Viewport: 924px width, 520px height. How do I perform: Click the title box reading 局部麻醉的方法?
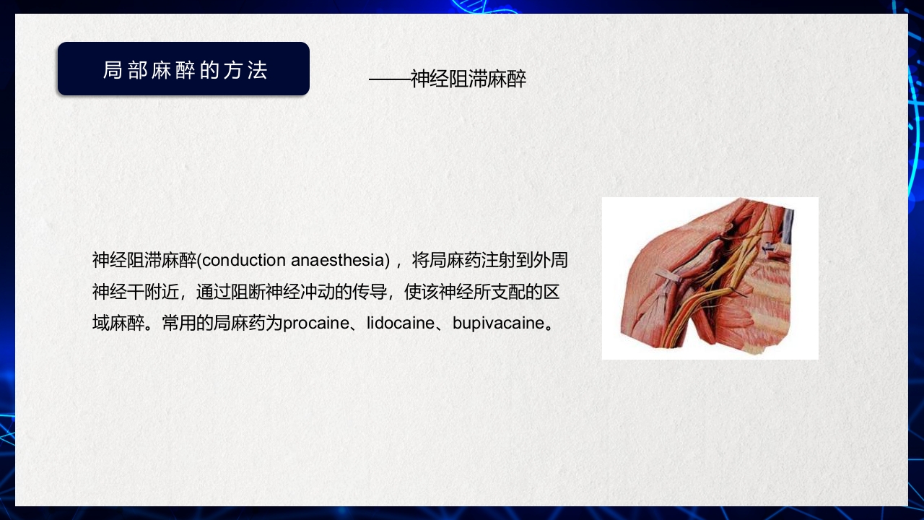coord(183,69)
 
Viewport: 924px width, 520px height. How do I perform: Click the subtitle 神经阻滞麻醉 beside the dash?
coord(468,79)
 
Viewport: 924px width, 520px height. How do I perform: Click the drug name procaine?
coord(315,323)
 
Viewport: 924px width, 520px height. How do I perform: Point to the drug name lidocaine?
coord(401,323)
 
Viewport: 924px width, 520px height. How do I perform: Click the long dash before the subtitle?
coord(389,79)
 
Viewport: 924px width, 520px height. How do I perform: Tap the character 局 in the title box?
coord(112,70)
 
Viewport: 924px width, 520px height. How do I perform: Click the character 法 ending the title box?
coord(259,70)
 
